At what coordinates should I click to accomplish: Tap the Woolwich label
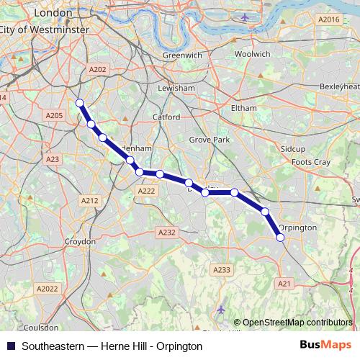tap(252, 54)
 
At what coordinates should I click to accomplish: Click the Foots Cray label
tap(311, 162)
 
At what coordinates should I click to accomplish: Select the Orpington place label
tap(297, 228)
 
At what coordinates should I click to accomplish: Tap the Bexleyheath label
tap(338, 86)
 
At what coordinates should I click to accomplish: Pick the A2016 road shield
tap(328, 19)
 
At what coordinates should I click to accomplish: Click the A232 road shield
tap(166, 233)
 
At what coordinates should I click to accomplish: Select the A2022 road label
tap(47, 289)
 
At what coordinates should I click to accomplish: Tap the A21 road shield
tap(284, 284)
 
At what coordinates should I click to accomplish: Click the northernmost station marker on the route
tap(80, 103)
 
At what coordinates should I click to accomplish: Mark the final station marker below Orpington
tap(280, 237)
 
